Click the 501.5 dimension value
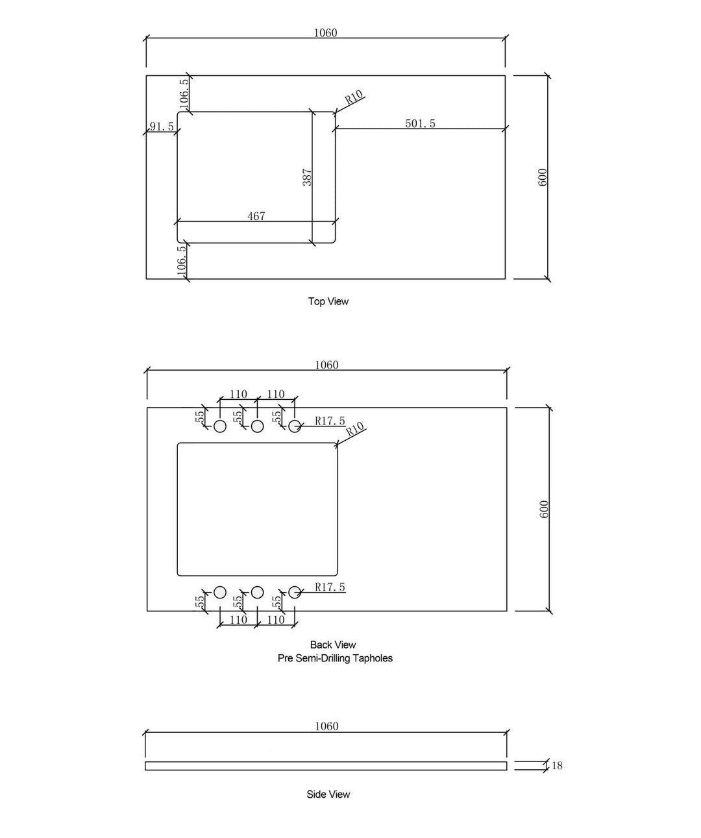[x=420, y=123]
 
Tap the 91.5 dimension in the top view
[x=162, y=127]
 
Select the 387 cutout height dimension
[x=307, y=177]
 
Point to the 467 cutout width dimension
[x=256, y=216]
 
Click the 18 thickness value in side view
[x=557, y=765]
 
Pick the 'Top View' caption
[x=328, y=301]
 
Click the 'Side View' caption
[x=328, y=795]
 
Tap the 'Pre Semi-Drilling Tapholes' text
[x=335, y=658]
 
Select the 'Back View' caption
[x=333, y=645]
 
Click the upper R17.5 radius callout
[x=330, y=421]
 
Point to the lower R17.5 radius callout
[x=330, y=587]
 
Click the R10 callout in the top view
[x=354, y=97]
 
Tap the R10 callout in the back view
[x=355, y=429]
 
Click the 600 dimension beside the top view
[x=542, y=177]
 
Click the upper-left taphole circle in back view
[x=220, y=426]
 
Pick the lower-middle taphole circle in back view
[x=257, y=592]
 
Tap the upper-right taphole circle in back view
[x=295, y=426]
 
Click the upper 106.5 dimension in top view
[x=184, y=93]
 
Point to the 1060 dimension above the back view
[x=326, y=365]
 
